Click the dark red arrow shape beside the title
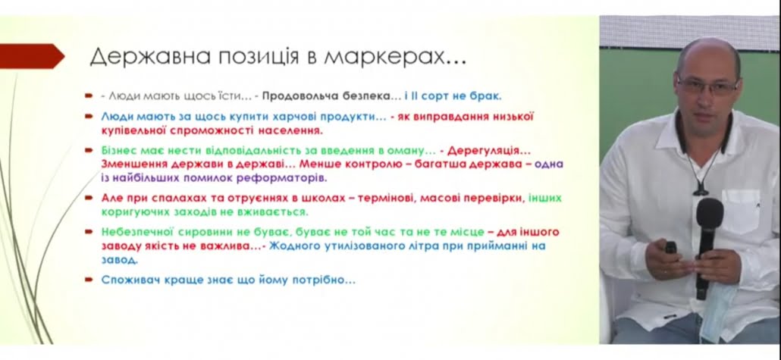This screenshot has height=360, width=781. (32, 56)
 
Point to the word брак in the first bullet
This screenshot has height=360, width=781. (487, 96)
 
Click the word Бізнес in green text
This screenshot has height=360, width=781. (118, 149)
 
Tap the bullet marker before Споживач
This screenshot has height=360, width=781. (89, 280)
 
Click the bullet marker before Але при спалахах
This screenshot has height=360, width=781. (89, 198)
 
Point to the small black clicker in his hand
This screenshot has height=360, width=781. (671, 248)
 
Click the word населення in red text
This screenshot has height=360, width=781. (288, 131)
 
